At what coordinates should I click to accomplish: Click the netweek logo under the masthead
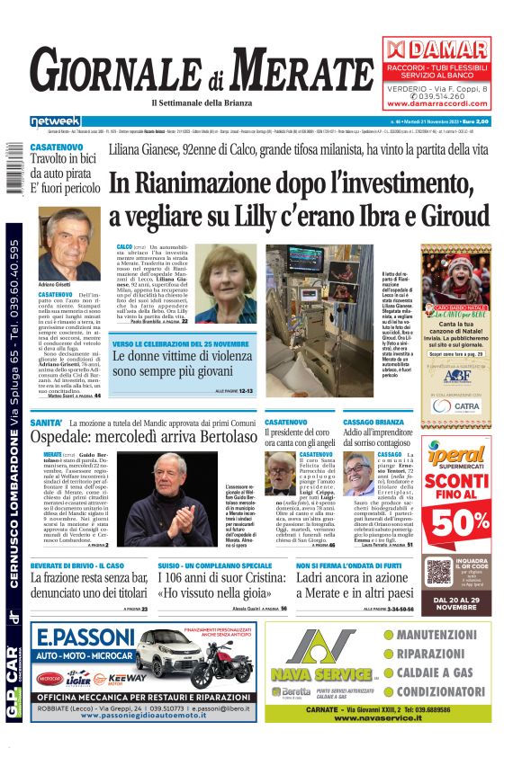pos(54,120)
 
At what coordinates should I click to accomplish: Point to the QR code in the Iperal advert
pos(438,571)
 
